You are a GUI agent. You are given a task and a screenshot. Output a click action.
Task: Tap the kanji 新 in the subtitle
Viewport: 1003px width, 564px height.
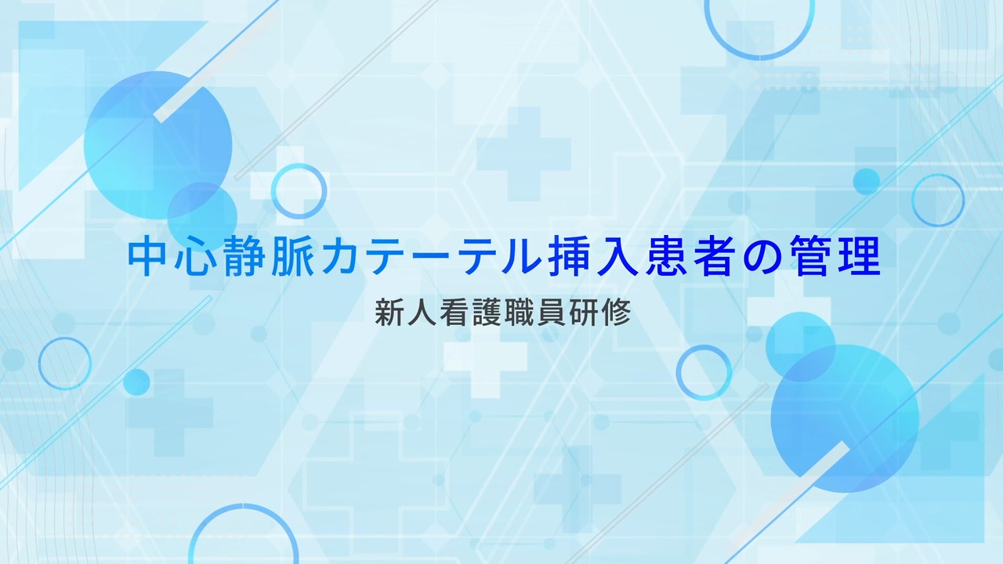(x=389, y=313)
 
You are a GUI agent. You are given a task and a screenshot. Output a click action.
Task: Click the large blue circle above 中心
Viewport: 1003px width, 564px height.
(x=158, y=146)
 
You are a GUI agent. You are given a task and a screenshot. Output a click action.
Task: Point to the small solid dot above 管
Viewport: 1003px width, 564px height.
(x=867, y=181)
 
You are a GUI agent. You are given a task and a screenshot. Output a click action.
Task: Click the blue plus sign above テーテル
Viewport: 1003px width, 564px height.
(x=524, y=154)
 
